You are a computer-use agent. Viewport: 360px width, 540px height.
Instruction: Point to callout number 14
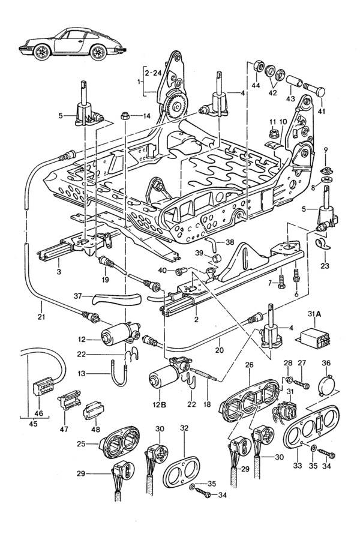pyautogui.click(x=147, y=116)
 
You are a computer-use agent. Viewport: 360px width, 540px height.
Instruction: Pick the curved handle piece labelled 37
pyautogui.click(x=117, y=298)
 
